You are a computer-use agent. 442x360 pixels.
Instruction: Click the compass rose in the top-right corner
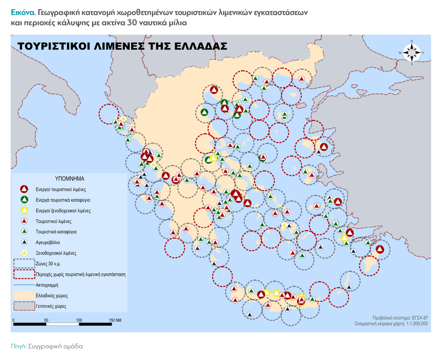412,53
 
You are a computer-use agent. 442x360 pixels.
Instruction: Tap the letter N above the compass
412,41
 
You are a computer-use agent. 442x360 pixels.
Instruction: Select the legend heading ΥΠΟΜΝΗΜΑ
70,179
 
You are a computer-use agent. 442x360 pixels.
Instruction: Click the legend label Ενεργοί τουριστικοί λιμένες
61,190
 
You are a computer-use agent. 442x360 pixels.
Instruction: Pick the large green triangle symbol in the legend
24,200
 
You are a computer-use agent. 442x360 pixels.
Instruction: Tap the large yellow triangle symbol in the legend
24,211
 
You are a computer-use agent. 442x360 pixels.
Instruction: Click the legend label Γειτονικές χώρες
51,306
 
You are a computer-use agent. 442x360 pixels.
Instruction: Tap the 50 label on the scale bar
46,320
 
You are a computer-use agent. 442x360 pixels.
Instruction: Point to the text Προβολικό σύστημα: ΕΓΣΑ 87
400,318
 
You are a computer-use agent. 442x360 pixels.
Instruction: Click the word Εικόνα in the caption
23,12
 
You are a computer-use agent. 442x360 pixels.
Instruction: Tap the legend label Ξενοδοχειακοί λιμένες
56,253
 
